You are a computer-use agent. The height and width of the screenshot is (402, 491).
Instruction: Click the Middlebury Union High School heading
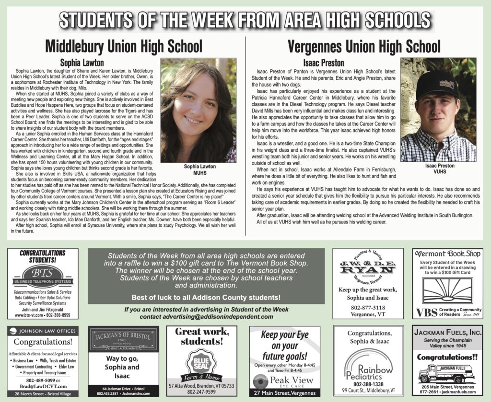coord(123,46)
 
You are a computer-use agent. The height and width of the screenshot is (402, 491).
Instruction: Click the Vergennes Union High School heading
coord(364,46)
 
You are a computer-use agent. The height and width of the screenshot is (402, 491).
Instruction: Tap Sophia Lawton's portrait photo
coord(198,110)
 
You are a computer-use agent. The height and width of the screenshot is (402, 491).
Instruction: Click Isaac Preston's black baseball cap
coord(437,83)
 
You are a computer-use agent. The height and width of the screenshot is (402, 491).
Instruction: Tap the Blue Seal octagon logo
coord(201,364)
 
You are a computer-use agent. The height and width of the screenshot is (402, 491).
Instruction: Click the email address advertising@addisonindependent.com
coord(207,317)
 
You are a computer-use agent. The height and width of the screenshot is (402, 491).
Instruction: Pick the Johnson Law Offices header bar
coord(43,331)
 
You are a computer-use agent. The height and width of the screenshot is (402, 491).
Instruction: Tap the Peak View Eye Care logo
coord(284,381)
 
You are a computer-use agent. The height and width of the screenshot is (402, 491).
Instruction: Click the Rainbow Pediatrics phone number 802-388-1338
coord(368,384)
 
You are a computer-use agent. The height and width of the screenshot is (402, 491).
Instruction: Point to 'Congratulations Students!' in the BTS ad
coord(43,256)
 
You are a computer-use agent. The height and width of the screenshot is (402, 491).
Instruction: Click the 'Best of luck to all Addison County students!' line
coord(206,297)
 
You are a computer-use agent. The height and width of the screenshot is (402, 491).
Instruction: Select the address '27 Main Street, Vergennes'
coord(284,393)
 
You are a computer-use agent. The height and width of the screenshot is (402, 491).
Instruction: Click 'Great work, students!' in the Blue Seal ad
coord(201,336)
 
